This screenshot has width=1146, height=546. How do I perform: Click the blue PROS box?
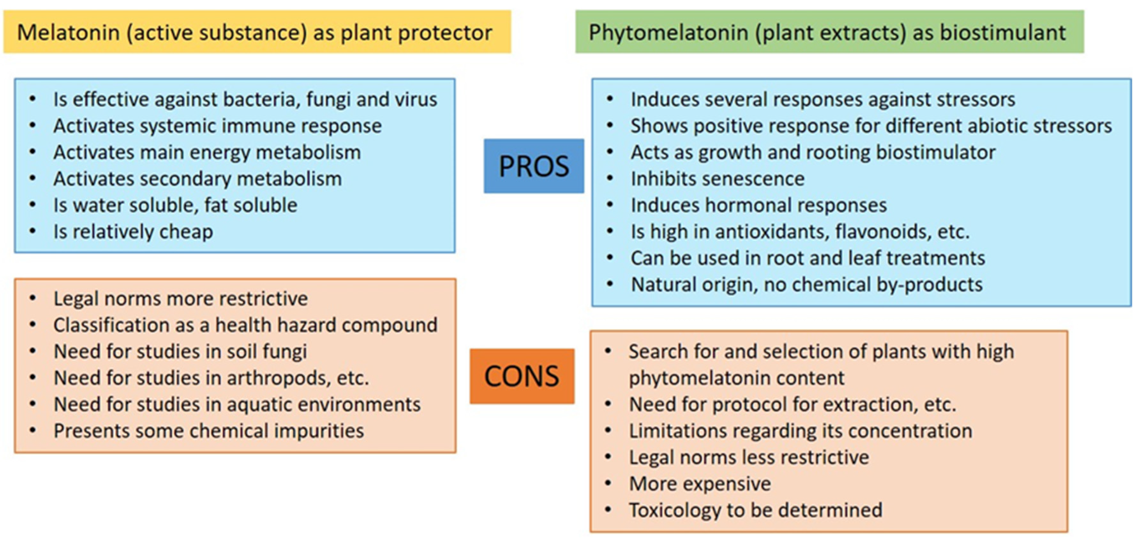click(x=533, y=166)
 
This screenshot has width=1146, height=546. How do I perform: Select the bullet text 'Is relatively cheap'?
click(x=133, y=232)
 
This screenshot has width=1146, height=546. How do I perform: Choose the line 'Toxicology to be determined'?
click(x=755, y=510)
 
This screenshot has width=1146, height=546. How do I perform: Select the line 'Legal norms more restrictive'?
click(x=180, y=298)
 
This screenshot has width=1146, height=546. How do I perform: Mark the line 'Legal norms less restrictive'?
click(x=748, y=457)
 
